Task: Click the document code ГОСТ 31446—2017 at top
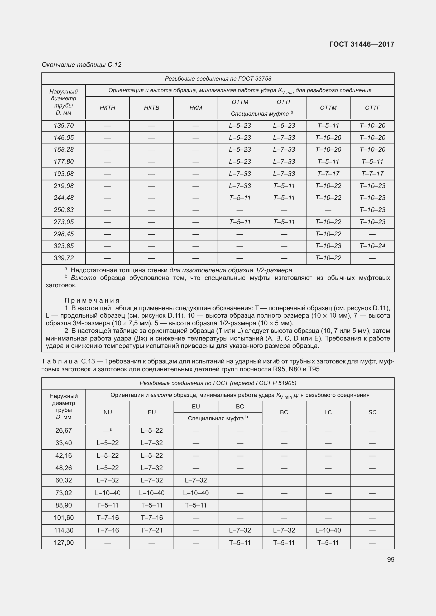(x=362, y=44)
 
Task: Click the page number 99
(x=391, y=559)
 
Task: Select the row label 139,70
(x=63, y=126)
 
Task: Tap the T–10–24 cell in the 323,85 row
(x=372, y=246)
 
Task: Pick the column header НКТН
(x=107, y=108)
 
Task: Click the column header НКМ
(x=195, y=108)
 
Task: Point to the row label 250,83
(x=63, y=210)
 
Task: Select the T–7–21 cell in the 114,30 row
(x=152, y=530)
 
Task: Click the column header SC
(x=372, y=412)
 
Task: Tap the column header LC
(x=328, y=412)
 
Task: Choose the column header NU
(x=107, y=412)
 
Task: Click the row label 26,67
(x=63, y=430)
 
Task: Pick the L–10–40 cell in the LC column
(x=328, y=530)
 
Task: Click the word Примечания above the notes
(x=92, y=300)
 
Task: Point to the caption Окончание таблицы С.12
(x=82, y=65)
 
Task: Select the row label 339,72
(x=63, y=258)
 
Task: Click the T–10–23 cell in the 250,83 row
(x=372, y=210)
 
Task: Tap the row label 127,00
(x=63, y=543)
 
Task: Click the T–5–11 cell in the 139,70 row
(x=328, y=126)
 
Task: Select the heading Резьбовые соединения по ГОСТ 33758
(x=218, y=78)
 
